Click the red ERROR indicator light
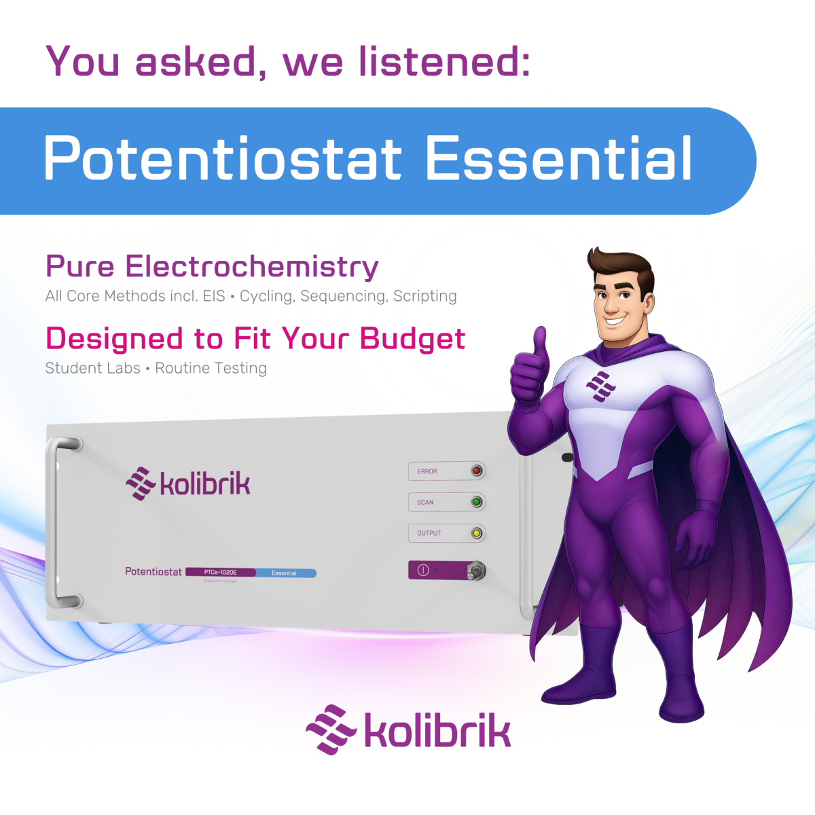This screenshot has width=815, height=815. click(x=477, y=471)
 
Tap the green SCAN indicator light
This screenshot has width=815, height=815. click(x=477, y=502)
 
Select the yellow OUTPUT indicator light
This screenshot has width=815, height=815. click(x=477, y=533)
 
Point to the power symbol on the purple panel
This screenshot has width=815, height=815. click(x=422, y=570)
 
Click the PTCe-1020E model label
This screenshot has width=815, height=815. click(x=221, y=573)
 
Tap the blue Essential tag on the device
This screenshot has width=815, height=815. click(x=285, y=573)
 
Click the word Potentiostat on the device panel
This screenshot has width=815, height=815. click(x=153, y=572)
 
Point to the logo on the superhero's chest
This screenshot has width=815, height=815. click(x=600, y=386)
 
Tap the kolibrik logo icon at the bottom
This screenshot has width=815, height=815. click(x=331, y=730)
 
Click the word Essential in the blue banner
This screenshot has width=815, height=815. click(x=558, y=159)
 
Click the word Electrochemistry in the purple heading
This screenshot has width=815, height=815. click(x=252, y=266)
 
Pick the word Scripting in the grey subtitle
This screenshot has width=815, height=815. click(x=425, y=296)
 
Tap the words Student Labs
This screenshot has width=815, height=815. click(x=92, y=368)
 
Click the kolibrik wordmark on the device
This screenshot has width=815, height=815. click(x=204, y=484)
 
